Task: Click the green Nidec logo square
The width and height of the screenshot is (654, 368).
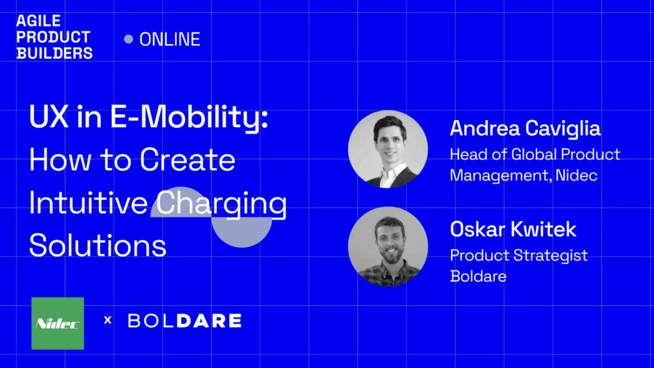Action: coord(57,323)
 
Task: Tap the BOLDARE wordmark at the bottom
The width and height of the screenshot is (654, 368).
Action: coord(185,321)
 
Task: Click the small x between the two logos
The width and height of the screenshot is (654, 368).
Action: coord(107,320)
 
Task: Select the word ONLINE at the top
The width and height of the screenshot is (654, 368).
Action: coord(170,39)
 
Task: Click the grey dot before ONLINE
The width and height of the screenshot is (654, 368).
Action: coord(128,39)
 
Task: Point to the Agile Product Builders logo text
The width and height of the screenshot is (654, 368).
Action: coord(54,37)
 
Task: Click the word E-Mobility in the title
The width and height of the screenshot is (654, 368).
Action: coord(189,118)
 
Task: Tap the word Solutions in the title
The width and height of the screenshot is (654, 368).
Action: coord(98,245)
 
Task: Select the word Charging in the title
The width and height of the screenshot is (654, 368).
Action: coord(222,204)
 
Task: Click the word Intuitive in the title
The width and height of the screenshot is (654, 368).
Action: coord(88,203)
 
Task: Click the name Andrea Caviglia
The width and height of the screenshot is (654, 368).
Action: coord(525,128)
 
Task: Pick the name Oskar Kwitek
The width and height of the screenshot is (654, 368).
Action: coord(513,229)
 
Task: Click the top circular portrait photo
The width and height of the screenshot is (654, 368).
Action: coord(388,149)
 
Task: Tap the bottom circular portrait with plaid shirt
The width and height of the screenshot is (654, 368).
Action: coord(388,247)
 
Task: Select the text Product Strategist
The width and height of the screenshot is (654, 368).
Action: coord(519,256)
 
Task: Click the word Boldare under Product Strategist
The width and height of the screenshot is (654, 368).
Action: coord(478,276)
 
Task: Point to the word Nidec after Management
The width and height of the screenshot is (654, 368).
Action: coord(577,175)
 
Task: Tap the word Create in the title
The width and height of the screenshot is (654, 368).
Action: coord(187,160)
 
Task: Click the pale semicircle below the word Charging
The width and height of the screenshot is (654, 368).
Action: coord(242,233)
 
